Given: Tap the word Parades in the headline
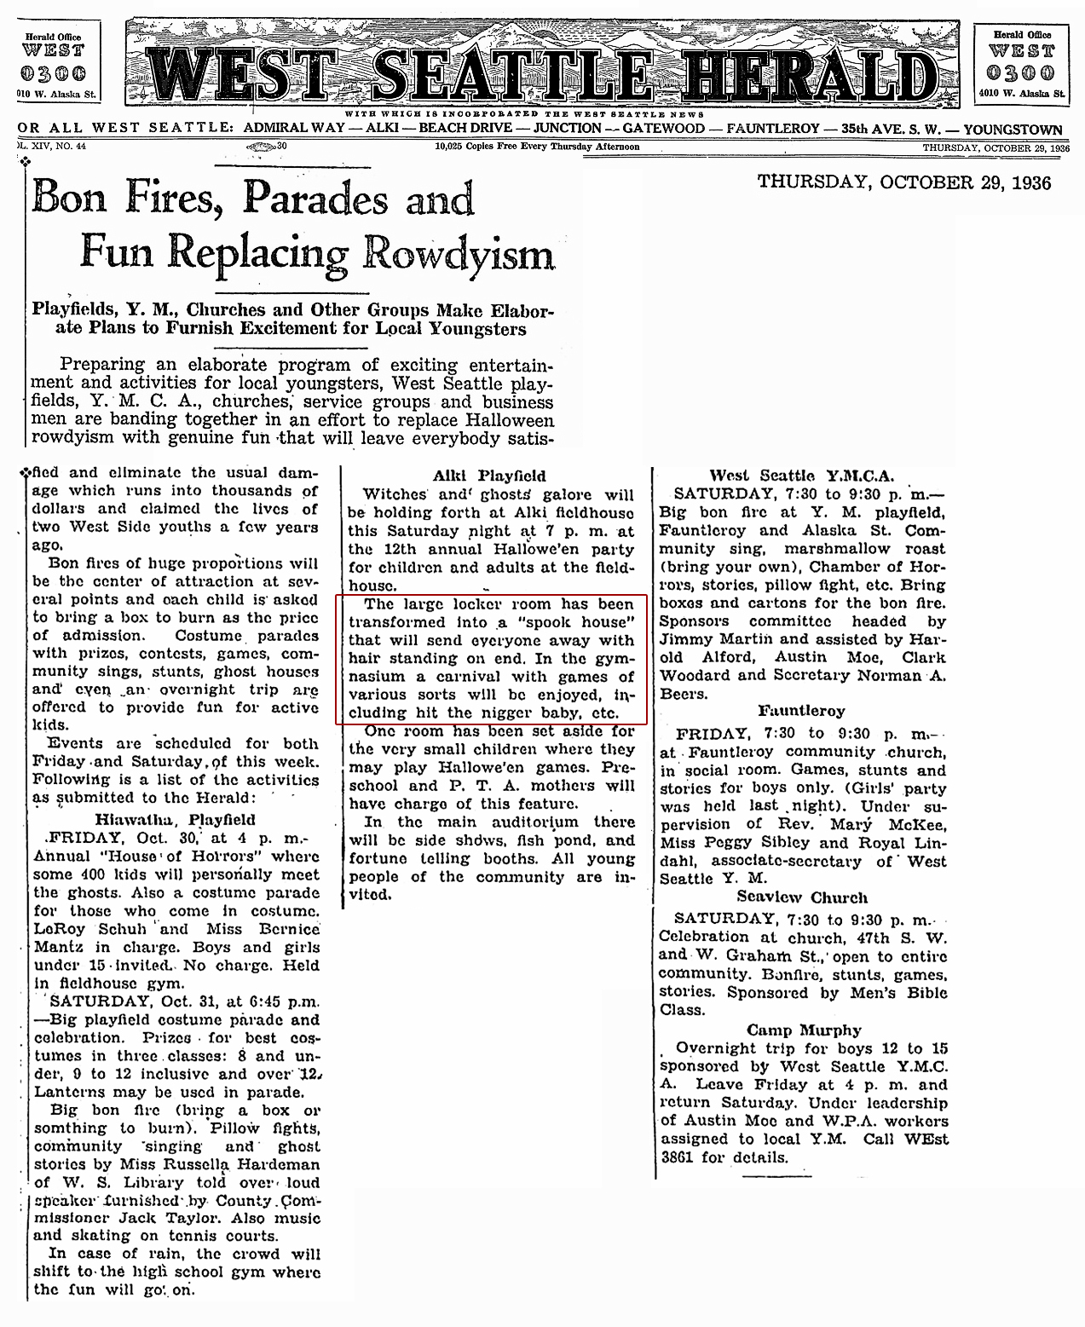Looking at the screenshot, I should [x=315, y=198].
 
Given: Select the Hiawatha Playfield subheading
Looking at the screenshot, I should [x=175, y=819].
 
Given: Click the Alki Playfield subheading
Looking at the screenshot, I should [x=489, y=476].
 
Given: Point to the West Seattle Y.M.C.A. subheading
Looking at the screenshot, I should [x=801, y=476].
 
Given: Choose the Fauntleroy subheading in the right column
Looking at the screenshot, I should [x=802, y=710].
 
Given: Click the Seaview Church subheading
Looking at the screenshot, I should [x=802, y=897].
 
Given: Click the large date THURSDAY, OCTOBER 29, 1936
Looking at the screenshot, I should [x=903, y=183].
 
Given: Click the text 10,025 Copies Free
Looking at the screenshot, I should [x=483, y=147].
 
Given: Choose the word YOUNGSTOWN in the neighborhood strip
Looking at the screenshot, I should [x=1013, y=130].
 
